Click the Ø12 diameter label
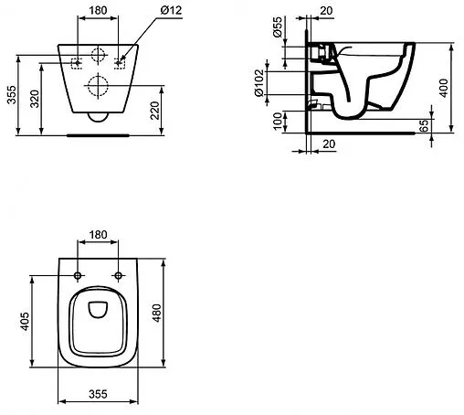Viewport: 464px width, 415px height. click(x=171, y=10)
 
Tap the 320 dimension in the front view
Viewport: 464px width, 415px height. click(x=35, y=99)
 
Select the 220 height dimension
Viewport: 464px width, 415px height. click(x=155, y=111)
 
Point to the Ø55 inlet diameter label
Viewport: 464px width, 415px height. click(x=278, y=27)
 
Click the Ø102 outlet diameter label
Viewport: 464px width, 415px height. click(x=259, y=83)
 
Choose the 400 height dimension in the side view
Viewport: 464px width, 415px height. click(x=444, y=88)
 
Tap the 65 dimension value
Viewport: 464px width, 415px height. click(x=424, y=125)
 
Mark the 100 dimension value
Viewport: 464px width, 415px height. click(x=278, y=121)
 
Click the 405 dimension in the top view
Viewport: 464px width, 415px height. click(x=25, y=321)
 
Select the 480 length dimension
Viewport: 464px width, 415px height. click(x=156, y=313)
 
